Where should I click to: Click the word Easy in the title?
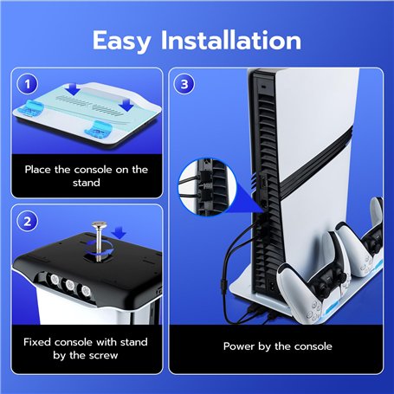[x=121, y=42]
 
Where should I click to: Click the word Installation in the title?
[x=231, y=40]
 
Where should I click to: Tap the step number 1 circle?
[x=28, y=85]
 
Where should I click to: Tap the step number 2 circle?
[x=28, y=222]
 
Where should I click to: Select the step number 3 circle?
[x=184, y=84]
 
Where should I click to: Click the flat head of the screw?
[x=99, y=224]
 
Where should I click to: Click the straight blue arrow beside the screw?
[x=119, y=233]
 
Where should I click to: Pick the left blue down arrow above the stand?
[x=73, y=89]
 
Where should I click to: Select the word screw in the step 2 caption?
[x=103, y=355]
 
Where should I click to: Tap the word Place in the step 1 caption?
[x=38, y=170]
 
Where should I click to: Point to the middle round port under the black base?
[x=69, y=285]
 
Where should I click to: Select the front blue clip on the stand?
[x=98, y=129]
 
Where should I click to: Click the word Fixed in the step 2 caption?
[x=37, y=342]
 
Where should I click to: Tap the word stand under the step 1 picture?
[x=87, y=183]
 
